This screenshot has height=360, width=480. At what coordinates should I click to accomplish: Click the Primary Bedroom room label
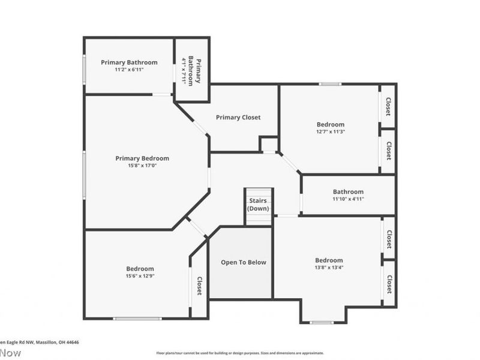pos(142,158)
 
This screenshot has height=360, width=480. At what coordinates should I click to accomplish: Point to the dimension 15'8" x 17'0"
pos(142,166)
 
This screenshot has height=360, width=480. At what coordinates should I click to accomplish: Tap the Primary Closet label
pos(238,118)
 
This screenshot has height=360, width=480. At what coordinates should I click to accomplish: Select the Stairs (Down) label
pos(259,205)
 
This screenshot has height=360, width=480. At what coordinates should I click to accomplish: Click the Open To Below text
pos(243,262)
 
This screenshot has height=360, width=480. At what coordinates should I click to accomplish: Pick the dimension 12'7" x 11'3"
pos(331,132)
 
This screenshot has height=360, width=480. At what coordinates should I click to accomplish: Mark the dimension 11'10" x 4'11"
pos(348,199)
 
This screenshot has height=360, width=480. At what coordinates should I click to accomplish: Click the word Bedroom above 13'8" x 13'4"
pos(329,260)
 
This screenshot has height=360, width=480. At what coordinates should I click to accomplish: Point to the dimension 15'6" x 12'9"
pos(140,277)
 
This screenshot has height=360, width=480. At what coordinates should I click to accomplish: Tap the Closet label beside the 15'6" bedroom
pos(199,286)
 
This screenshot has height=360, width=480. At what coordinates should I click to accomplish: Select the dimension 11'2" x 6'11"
pos(129,70)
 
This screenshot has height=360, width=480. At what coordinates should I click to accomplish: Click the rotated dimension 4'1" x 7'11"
pos(184,71)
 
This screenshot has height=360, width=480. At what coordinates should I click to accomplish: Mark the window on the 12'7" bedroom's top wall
pos(330,84)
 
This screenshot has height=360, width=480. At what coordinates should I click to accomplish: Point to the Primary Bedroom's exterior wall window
pos(84,174)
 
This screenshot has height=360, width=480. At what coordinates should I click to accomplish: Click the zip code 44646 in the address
pos(73,342)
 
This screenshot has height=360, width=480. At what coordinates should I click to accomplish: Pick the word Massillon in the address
pos(44,342)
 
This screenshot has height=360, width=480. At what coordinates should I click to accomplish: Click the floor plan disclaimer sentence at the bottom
pos(240,353)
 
